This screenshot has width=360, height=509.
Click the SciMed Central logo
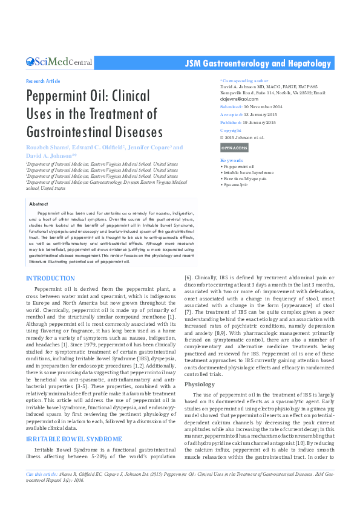pos(59,62)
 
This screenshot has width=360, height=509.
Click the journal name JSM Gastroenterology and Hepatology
pos(259,63)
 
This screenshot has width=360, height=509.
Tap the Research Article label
pos(43,80)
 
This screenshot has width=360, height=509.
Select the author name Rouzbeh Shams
pos(47,148)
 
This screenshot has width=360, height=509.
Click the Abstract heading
pos(38,205)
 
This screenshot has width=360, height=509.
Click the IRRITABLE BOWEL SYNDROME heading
pos(74,438)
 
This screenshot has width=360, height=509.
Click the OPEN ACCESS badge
pos(234,148)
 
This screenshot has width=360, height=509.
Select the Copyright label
pos(231,130)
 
